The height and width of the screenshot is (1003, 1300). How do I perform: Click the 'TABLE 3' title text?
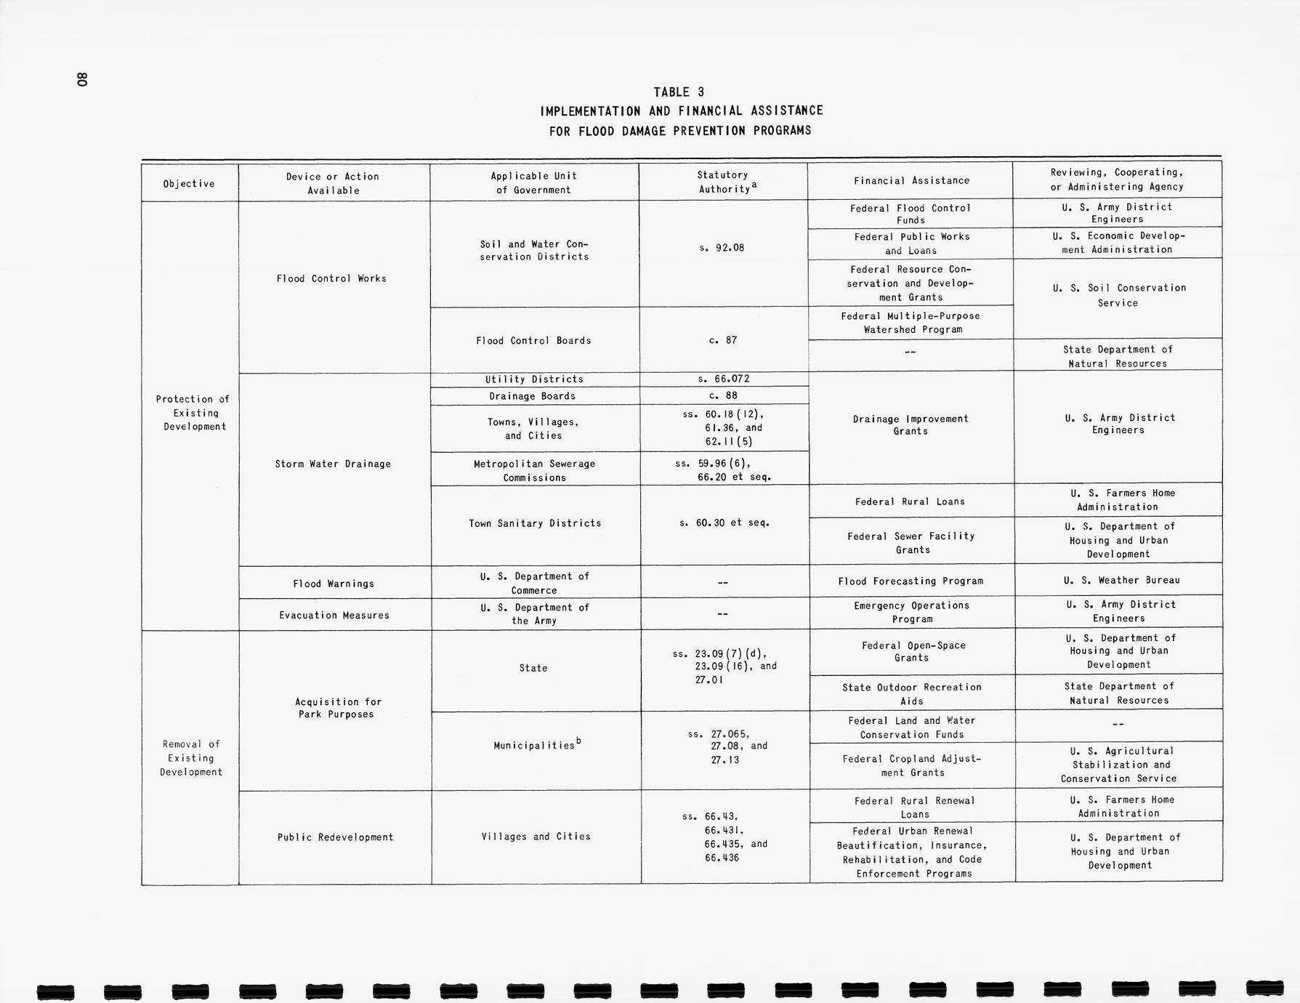click(679, 92)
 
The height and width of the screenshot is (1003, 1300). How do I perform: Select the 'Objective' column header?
click(189, 184)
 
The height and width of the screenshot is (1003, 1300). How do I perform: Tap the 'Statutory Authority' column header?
click(723, 182)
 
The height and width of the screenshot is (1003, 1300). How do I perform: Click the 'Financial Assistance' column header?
click(911, 181)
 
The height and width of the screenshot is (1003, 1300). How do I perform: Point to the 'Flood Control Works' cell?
click(331, 278)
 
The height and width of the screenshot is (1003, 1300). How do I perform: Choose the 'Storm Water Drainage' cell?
click(333, 464)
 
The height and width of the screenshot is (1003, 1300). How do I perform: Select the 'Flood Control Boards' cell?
click(533, 341)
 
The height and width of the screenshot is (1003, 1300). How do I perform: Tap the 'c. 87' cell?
click(723, 340)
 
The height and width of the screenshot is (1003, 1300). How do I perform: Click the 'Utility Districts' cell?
click(534, 379)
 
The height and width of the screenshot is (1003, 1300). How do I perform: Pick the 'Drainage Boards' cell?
click(533, 396)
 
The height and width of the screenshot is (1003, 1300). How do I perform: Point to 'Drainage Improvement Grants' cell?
click(911, 425)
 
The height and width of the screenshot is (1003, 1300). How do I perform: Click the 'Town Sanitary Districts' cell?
click(535, 523)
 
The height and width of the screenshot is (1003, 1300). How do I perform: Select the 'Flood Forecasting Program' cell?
click(911, 581)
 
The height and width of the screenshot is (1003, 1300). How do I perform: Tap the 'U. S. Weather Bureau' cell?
click(1118, 581)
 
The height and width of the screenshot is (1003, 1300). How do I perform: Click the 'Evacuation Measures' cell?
click(334, 616)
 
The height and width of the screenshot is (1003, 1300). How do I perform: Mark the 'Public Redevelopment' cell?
click(335, 837)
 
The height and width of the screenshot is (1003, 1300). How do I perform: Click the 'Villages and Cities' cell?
click(536, 837)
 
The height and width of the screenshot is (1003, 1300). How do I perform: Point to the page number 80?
click(82, 80)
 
